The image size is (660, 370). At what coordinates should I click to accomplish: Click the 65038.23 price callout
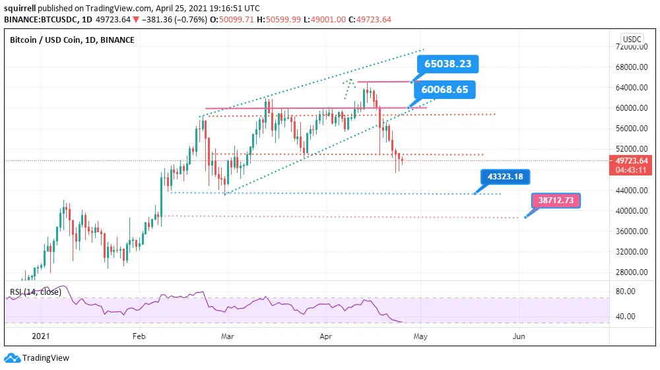pos(448,64)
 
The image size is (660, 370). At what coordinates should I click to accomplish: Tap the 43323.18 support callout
pos(506,176)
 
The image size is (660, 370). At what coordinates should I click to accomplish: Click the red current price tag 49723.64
pos(632,160)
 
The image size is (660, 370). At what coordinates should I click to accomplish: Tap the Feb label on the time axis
pos(139,336)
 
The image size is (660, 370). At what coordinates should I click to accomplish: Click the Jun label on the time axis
pos(519,336)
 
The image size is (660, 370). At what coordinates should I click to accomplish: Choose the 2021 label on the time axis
pos(41,336)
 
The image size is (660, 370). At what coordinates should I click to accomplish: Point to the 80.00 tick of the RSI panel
pos(626,291)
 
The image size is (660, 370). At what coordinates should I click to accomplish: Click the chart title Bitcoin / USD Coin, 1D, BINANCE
pos(72,40)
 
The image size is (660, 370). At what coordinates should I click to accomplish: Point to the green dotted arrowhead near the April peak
pos(349,82)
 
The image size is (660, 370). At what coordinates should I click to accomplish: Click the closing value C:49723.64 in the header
pos(368,19)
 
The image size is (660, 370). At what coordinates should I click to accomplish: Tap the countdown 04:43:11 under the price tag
pos(632,170)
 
